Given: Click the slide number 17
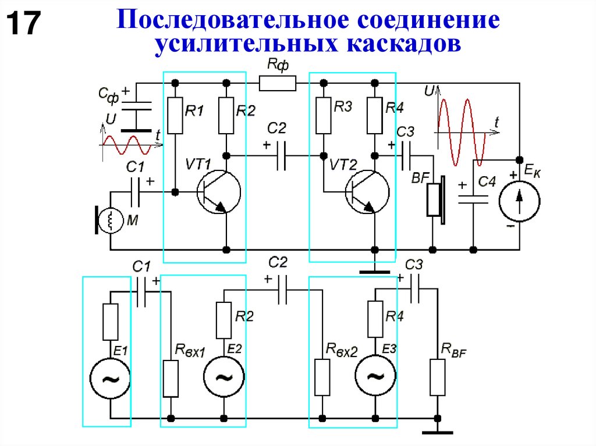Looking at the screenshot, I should tap(23, 25).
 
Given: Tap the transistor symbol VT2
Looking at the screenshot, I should tap(367, 192).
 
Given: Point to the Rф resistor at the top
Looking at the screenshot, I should tap(277, 84).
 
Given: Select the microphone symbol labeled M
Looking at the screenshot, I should tap(108, 220).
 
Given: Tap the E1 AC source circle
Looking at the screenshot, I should tap(109, 379).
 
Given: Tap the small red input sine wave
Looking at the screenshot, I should tap(126, 144).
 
